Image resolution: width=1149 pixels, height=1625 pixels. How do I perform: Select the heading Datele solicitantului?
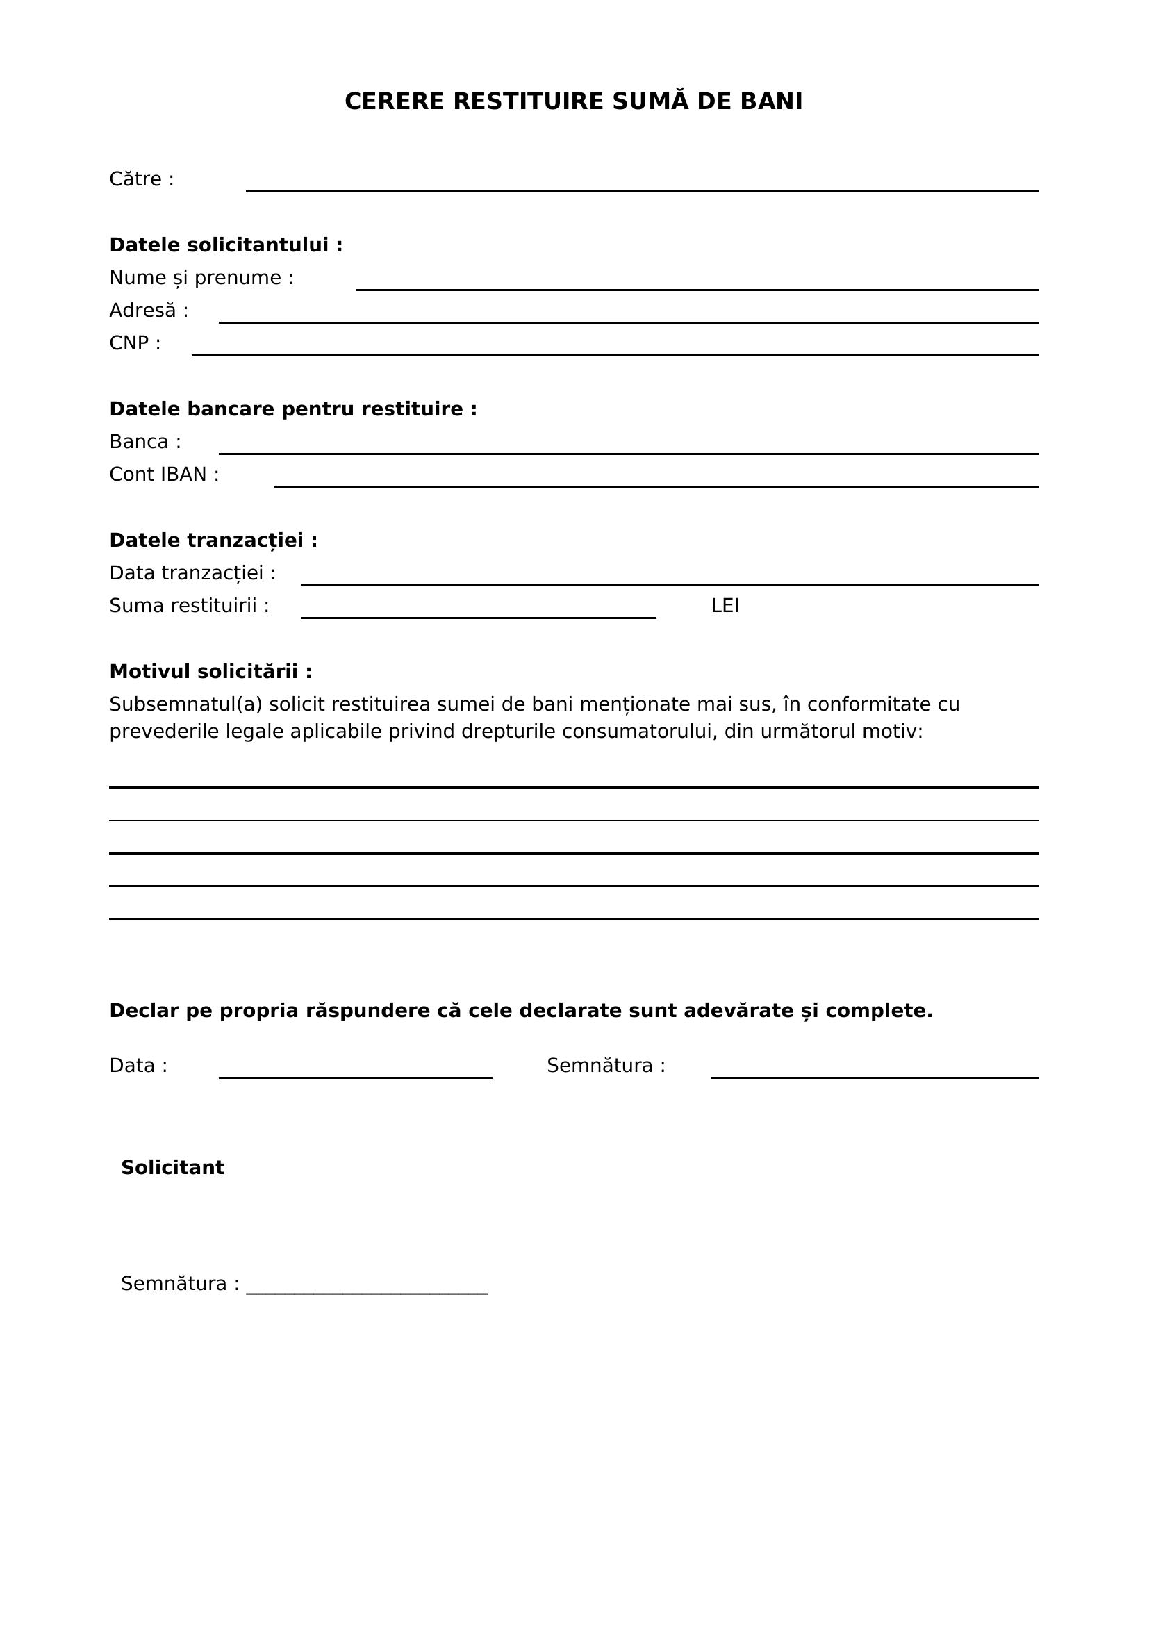[226, 245]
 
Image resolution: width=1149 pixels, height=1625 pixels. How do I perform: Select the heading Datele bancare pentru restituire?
[293, 409]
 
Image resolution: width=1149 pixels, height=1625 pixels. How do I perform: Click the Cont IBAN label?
[164, 475]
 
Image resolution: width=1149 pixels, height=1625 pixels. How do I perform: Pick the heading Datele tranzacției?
[213, 540]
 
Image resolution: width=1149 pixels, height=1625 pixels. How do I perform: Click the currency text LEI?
[725, 606]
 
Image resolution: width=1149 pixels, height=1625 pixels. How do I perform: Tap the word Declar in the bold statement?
[144, 1011]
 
